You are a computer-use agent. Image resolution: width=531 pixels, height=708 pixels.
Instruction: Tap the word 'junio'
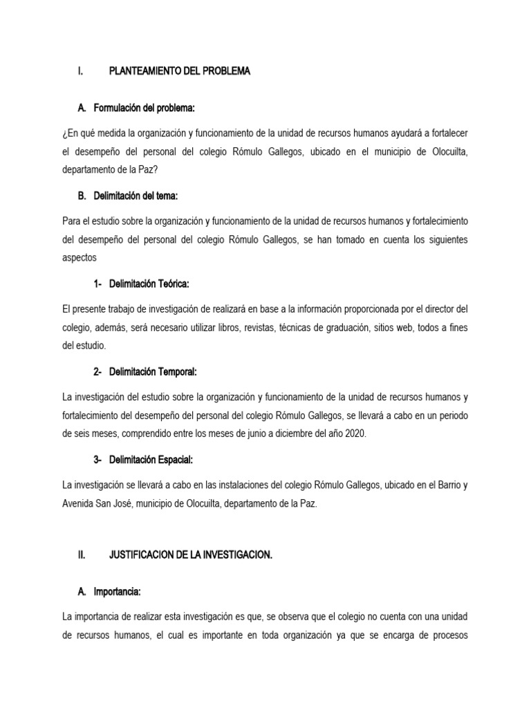pos(257,433)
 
